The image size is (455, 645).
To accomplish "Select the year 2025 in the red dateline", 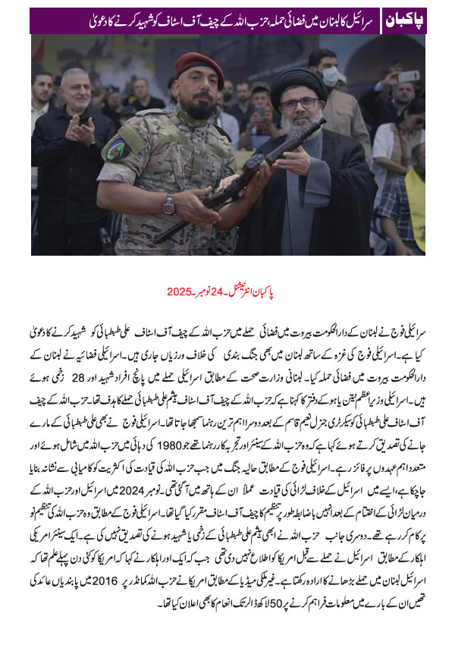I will [177, 291].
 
